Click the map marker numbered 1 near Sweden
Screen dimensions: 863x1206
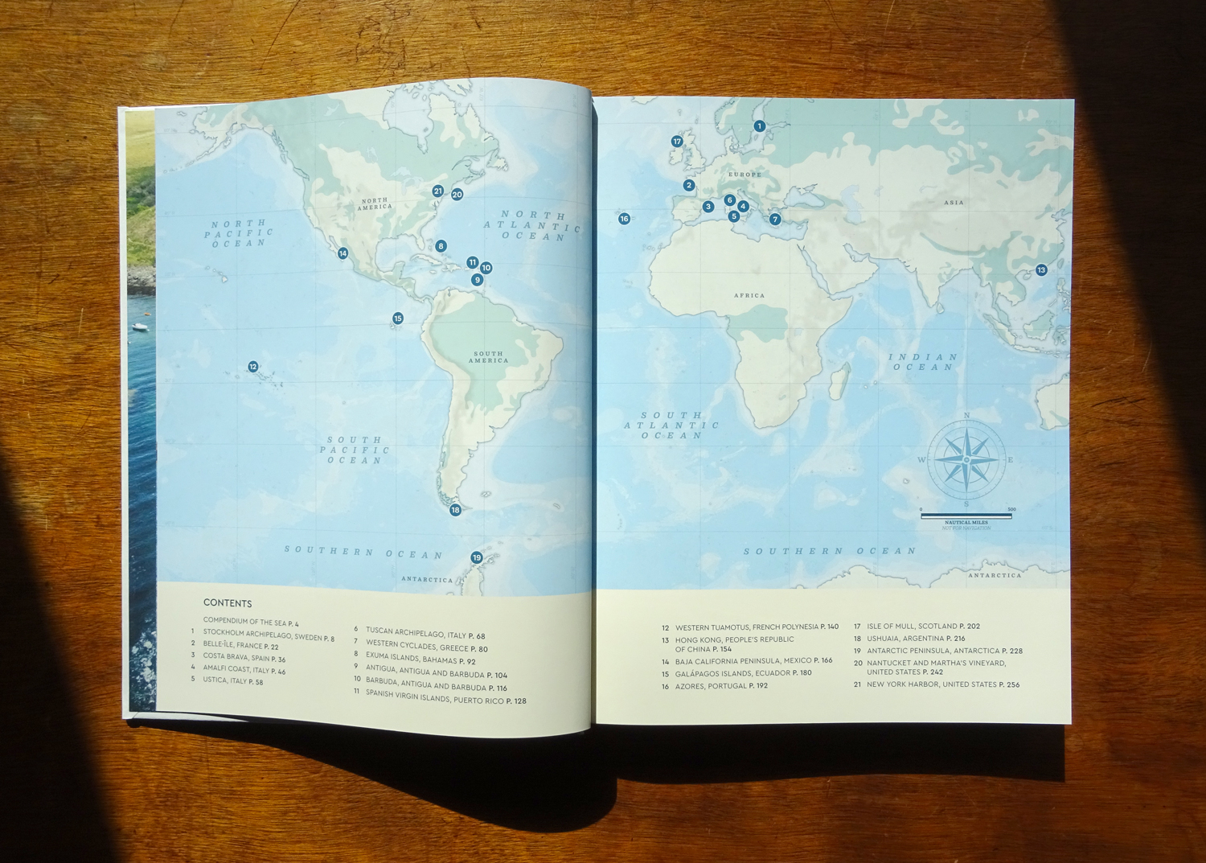759,126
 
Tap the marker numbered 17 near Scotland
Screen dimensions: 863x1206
677,142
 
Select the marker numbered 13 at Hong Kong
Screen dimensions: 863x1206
1041,270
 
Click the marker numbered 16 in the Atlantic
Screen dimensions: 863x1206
624,219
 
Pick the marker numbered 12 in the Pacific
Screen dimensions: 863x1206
252,367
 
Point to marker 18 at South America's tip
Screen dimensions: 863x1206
455,510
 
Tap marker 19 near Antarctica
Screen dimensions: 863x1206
476,557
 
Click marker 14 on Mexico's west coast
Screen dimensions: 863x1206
343,253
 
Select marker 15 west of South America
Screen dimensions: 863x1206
397,318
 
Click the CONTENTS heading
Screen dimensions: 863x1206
228,603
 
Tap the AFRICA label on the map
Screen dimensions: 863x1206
749,296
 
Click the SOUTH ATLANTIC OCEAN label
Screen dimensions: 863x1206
671,425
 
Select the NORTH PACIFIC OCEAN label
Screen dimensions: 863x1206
239,233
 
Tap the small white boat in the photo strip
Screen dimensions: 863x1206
141,327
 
